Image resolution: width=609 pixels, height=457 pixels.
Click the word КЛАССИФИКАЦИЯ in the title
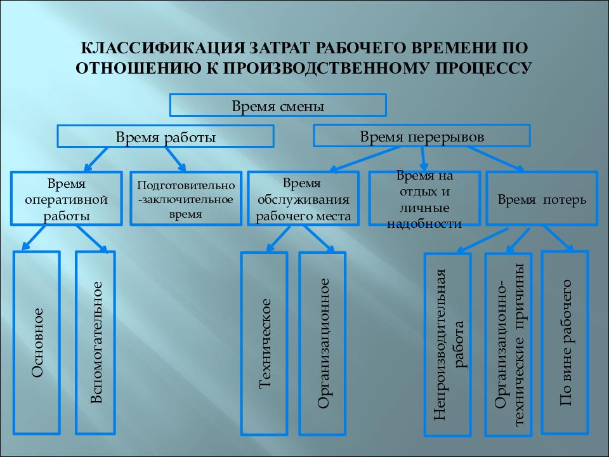163,48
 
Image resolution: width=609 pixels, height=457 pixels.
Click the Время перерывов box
422,136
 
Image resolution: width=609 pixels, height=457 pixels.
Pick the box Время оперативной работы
67,199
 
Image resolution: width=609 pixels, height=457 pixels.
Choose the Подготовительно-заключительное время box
186,199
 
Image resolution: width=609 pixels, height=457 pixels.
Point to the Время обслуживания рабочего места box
303,199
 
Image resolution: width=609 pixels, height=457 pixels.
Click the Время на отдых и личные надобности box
424,199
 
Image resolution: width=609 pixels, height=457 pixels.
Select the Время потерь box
542,199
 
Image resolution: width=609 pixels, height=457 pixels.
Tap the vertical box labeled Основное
37,343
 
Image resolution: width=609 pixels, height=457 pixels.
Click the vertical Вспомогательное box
96,343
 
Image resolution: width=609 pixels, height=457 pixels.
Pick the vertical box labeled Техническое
264,343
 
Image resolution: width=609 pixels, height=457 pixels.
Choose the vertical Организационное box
322,343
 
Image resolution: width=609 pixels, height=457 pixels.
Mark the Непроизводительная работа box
448,345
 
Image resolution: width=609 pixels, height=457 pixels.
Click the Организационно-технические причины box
508,345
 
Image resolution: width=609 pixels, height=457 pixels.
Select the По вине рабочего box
565,342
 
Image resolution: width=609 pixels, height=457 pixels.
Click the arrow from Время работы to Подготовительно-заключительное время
176,159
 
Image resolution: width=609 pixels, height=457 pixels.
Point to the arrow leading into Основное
34,238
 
